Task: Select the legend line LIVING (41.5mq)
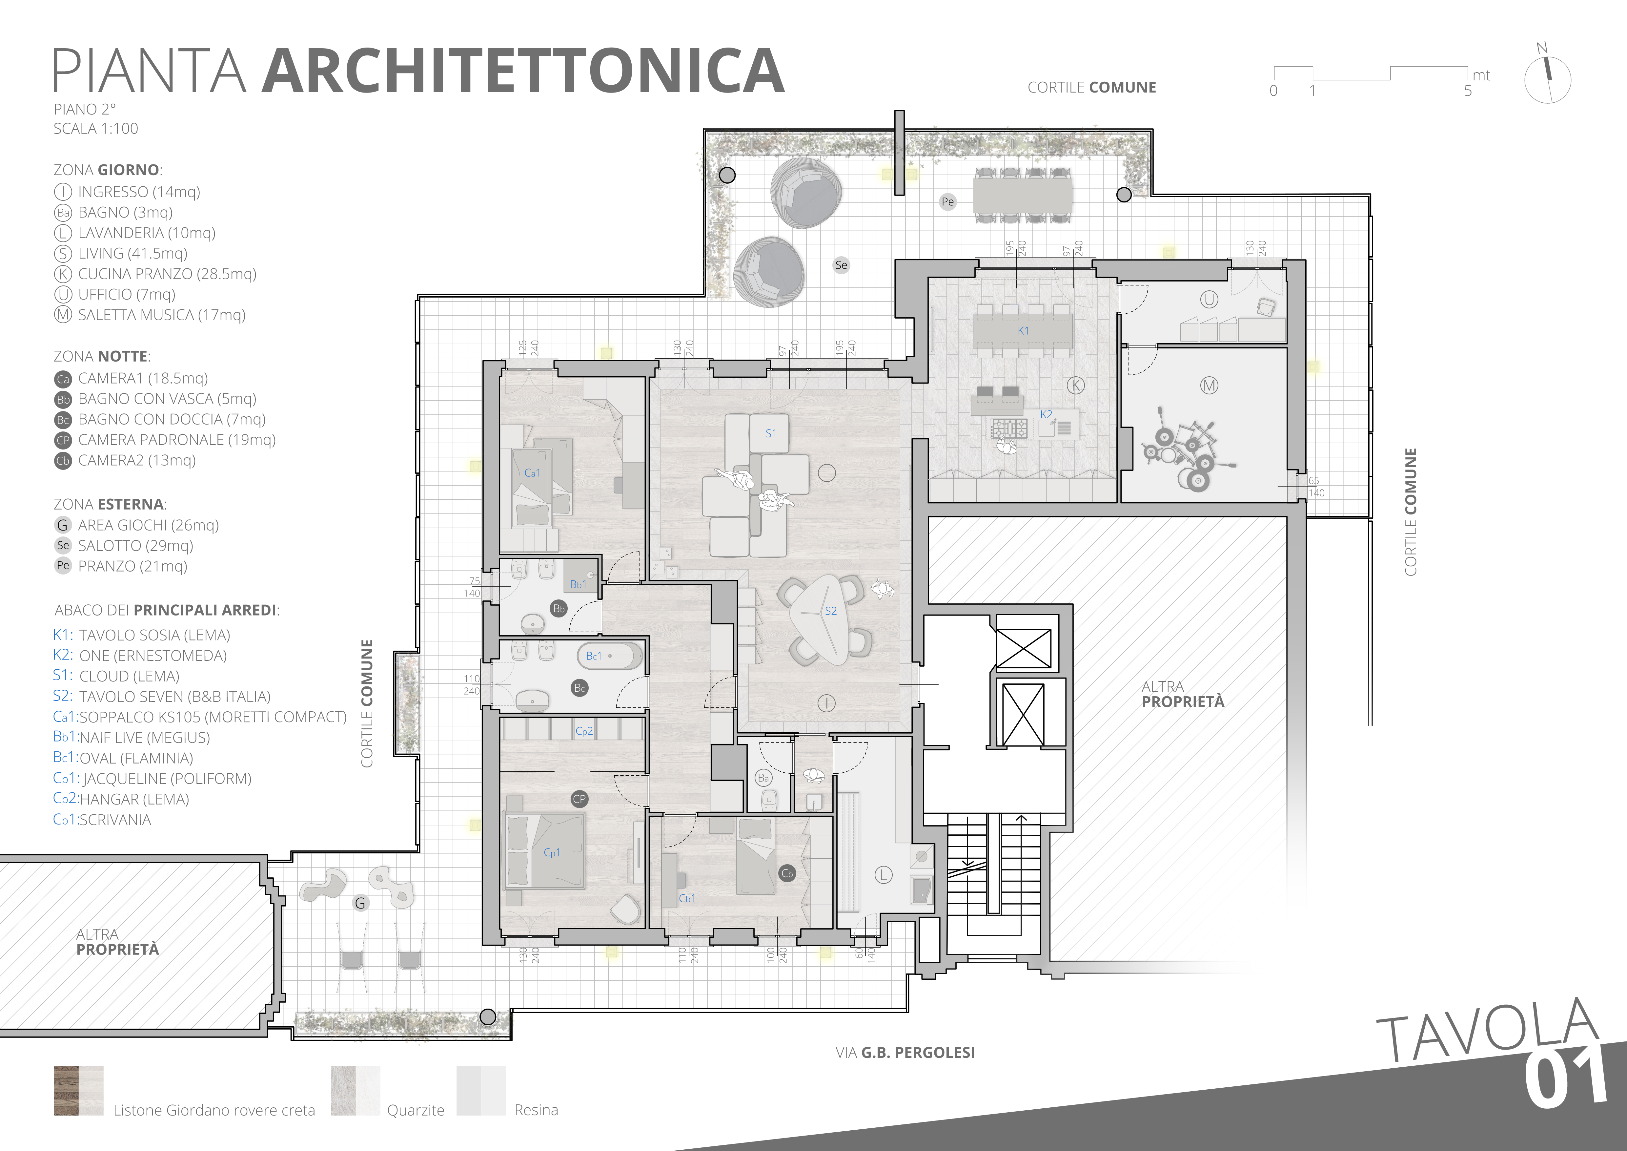(132, 253)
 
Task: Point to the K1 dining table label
(1023, 331)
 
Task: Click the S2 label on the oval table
(830, 611)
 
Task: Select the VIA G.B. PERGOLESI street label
(905, 1053)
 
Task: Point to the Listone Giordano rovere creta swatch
(79, 1091)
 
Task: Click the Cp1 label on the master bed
(551, 853)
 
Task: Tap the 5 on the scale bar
(1468, 91)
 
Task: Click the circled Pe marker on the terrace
(947, 201)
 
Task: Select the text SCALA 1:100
(96, 128)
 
